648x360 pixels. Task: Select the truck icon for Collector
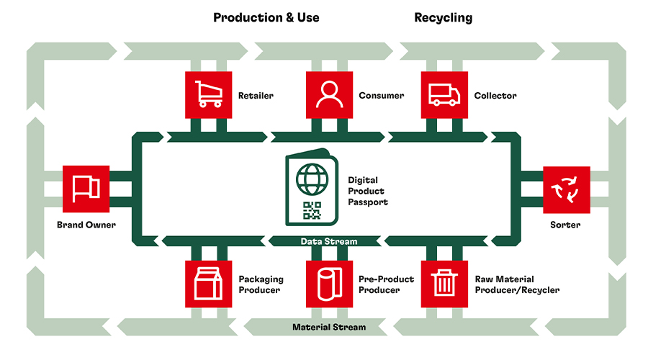(444, 95)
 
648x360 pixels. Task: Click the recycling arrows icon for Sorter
(566, 190)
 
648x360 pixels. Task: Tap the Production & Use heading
(266, 17)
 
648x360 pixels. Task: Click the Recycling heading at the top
(443, 17)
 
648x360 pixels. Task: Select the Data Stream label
(328, 241)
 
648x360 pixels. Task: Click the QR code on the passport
(312, 210)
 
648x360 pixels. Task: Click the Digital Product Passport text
(367, 191)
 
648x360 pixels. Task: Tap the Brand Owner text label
(86, 225)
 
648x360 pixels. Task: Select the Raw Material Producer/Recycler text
(517, 284)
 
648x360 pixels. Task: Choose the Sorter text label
(566, 225)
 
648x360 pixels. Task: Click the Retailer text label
(256, 96)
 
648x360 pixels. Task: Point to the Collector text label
(495, 96)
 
